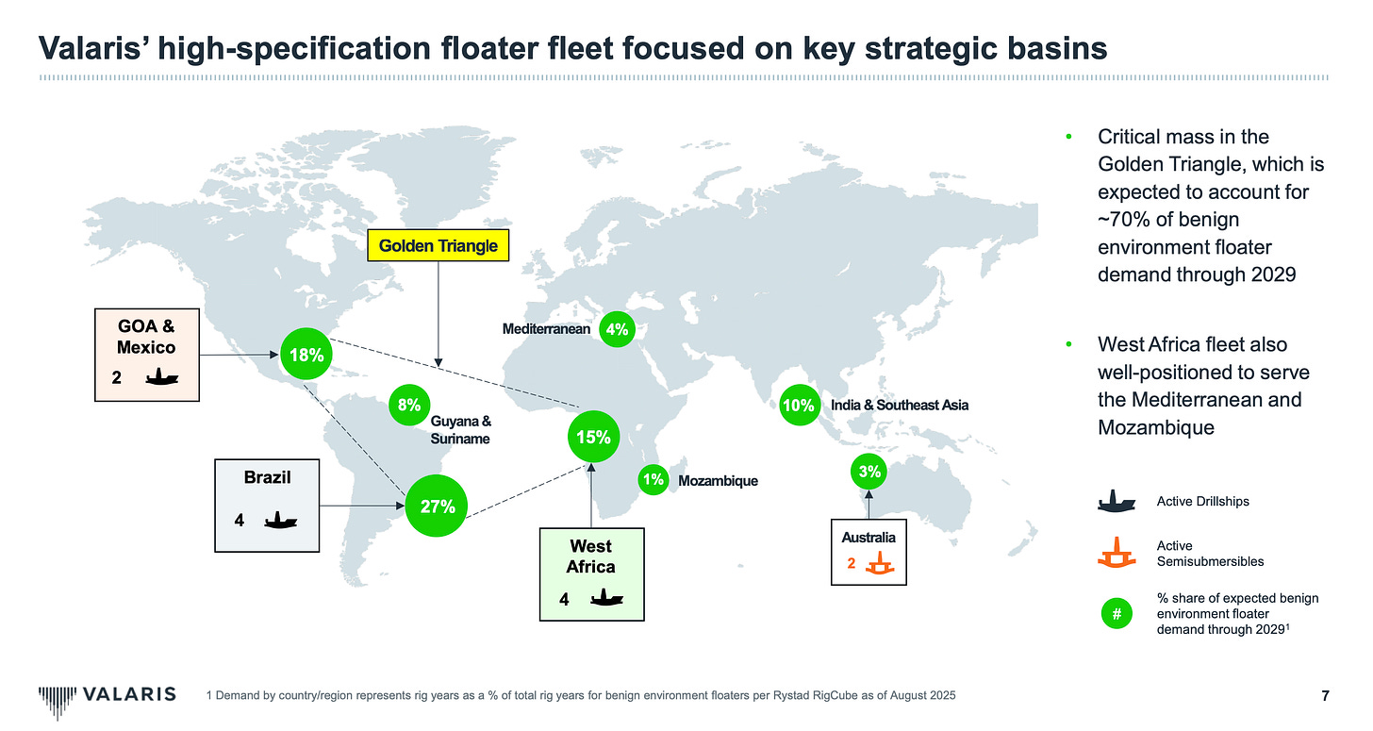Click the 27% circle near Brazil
[x=438, y=507]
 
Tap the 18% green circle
[x=307, y=356]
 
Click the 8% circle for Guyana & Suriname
[x=408, y=406]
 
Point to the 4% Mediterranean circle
[x=618, y=329]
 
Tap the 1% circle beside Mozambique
[x=653, y=480]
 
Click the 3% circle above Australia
[x=869, y=471]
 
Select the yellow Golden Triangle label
[x=438, y=246]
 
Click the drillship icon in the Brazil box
[x=281, y=519]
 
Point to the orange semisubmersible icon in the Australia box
[x=884, y=565]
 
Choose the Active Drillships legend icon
[x=1116, y=501]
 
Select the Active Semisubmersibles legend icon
[x=1116, y=553]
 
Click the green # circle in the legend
[x=1116, y=614]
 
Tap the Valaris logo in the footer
[x=107, y=695]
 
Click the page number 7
[x=1325, y=696]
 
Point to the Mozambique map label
[x=718, y=481]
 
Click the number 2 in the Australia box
[x=851, y=565]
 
